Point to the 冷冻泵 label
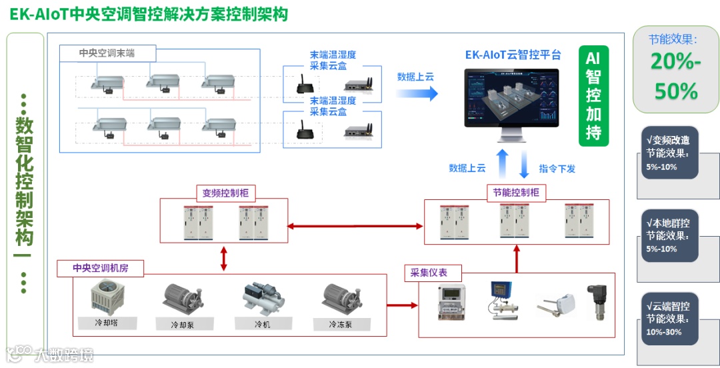tap(341, 325)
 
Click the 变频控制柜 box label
tap(225, 193)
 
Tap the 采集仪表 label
tap(429, 273)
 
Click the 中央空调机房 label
tap(101, 269)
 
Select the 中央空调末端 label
tap(107, 53)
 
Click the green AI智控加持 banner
tap(593, 96)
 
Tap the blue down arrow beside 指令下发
tap(524, 163)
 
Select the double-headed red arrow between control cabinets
tap(356, 227)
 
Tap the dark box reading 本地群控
tap(668, 235)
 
